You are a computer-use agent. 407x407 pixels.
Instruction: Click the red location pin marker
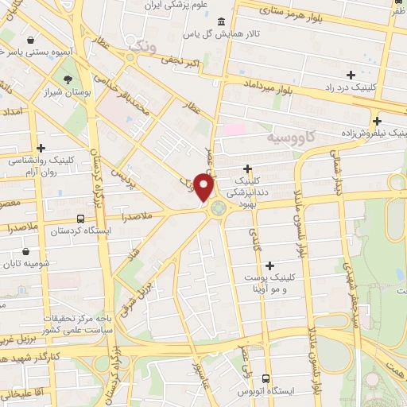pyautogui.click(x=204, y=188)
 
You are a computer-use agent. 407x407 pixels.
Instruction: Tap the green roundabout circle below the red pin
pyautogui.click(x=218, y=209)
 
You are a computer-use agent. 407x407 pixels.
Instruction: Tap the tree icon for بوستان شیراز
pyautogui.click(x=68, y=79)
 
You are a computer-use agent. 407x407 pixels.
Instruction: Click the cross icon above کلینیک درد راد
pyautogui.click(x=351, y=74)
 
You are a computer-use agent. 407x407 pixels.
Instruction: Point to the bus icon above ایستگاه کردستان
pyautogui.click(x=79, y=219)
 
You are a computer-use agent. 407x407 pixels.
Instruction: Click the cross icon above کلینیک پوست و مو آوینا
pyautogui.click(x=269, y=266)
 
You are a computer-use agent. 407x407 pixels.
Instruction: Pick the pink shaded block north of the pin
pyautogui.click(x=234, y=129)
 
